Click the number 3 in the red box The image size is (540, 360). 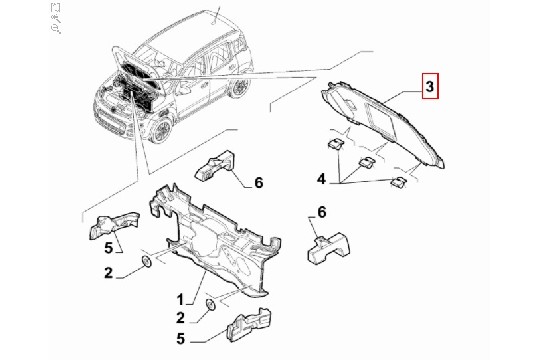click(430, 86)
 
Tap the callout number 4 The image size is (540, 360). click(321, 179)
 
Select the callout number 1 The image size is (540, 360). click(180, 299)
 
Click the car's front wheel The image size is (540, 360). click(161, 131)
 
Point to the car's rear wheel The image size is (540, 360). click(238, 87)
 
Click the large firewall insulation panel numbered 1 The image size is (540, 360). click(214, 241)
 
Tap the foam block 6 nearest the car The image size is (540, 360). click(215, 165)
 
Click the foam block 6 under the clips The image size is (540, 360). click(328, 247)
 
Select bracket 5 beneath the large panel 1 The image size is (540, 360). click(249, 325)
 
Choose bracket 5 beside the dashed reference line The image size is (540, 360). click(114, 225)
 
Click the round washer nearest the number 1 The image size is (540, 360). click(210, 305)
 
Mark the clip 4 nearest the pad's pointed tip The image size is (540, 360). click(398, 182)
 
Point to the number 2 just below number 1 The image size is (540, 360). click(180, 318)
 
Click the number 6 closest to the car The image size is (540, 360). click(259, 183)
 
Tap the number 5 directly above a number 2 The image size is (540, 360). click(108, 248)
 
